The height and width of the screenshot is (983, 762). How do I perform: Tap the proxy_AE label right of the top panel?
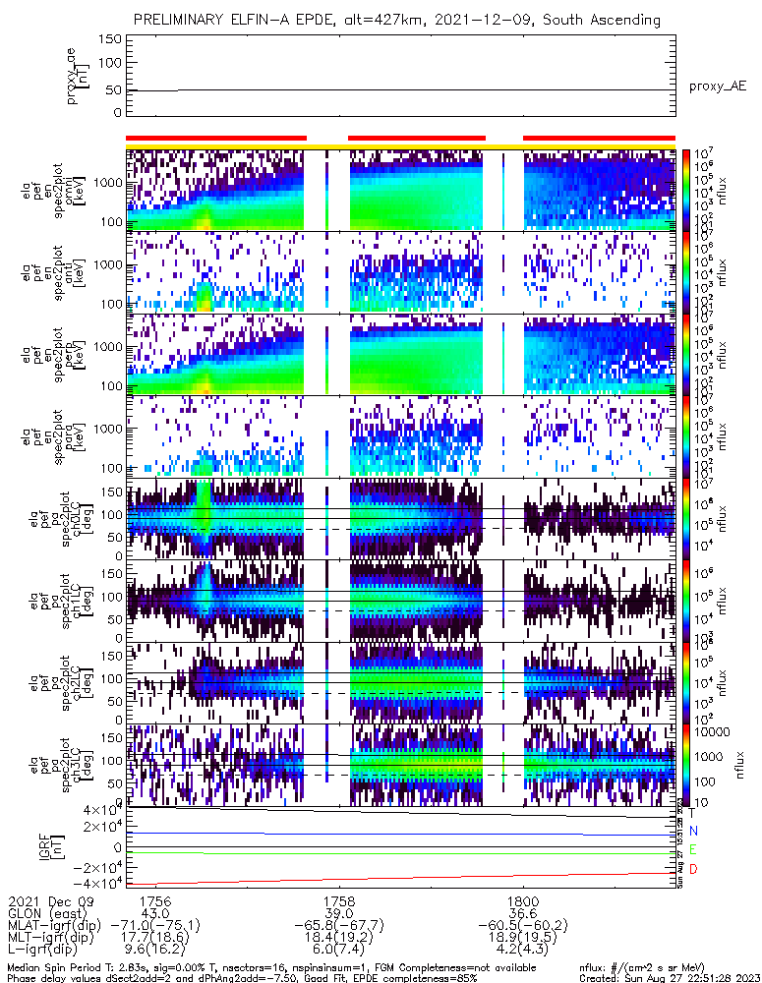pos(717,87)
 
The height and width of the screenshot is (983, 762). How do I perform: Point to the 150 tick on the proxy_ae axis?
pos(110,39)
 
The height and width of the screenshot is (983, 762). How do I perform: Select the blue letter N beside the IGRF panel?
pos(693,831)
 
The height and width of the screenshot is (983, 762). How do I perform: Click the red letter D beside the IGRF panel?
pos(693,870)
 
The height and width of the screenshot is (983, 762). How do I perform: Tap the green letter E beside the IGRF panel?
pos(693,849)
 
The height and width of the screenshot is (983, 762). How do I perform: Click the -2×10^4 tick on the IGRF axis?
pos(94,866)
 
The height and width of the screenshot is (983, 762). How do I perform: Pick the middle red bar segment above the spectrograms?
pos(417,139)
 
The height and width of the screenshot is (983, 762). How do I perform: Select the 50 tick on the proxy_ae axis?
pos(114,90)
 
